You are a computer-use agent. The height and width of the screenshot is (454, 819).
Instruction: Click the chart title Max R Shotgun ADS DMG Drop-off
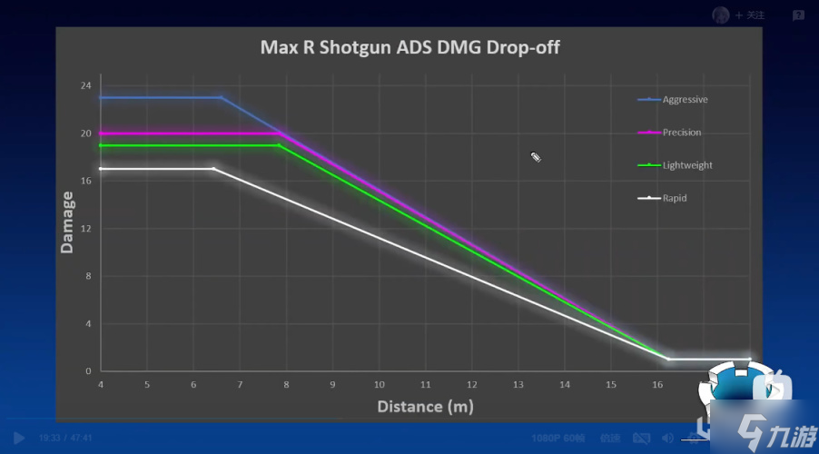[409, 46]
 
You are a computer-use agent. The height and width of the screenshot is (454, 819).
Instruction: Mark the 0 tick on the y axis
[88, 371]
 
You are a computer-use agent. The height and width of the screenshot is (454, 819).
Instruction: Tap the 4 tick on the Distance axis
[100, 385]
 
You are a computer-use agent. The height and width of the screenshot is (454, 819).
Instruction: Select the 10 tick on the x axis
[379, 385]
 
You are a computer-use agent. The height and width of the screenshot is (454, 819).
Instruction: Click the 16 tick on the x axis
[657, 385]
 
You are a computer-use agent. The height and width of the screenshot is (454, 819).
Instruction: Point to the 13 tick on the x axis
[518, 385]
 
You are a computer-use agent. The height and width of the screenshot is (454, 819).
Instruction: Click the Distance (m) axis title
[425, 406]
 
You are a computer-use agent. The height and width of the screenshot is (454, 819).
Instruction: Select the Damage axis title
[67, 222]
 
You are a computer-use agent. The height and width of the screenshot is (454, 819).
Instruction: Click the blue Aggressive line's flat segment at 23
[159, 97]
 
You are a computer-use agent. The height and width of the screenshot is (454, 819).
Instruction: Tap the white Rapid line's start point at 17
[101, 169]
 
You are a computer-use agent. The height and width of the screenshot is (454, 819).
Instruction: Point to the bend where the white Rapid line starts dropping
[214, 169]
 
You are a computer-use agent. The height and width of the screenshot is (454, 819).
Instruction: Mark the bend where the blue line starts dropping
[221, 97]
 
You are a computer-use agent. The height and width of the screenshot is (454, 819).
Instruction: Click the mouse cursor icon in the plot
[536, 157]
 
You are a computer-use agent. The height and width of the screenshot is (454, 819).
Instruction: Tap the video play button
[19, 438]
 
